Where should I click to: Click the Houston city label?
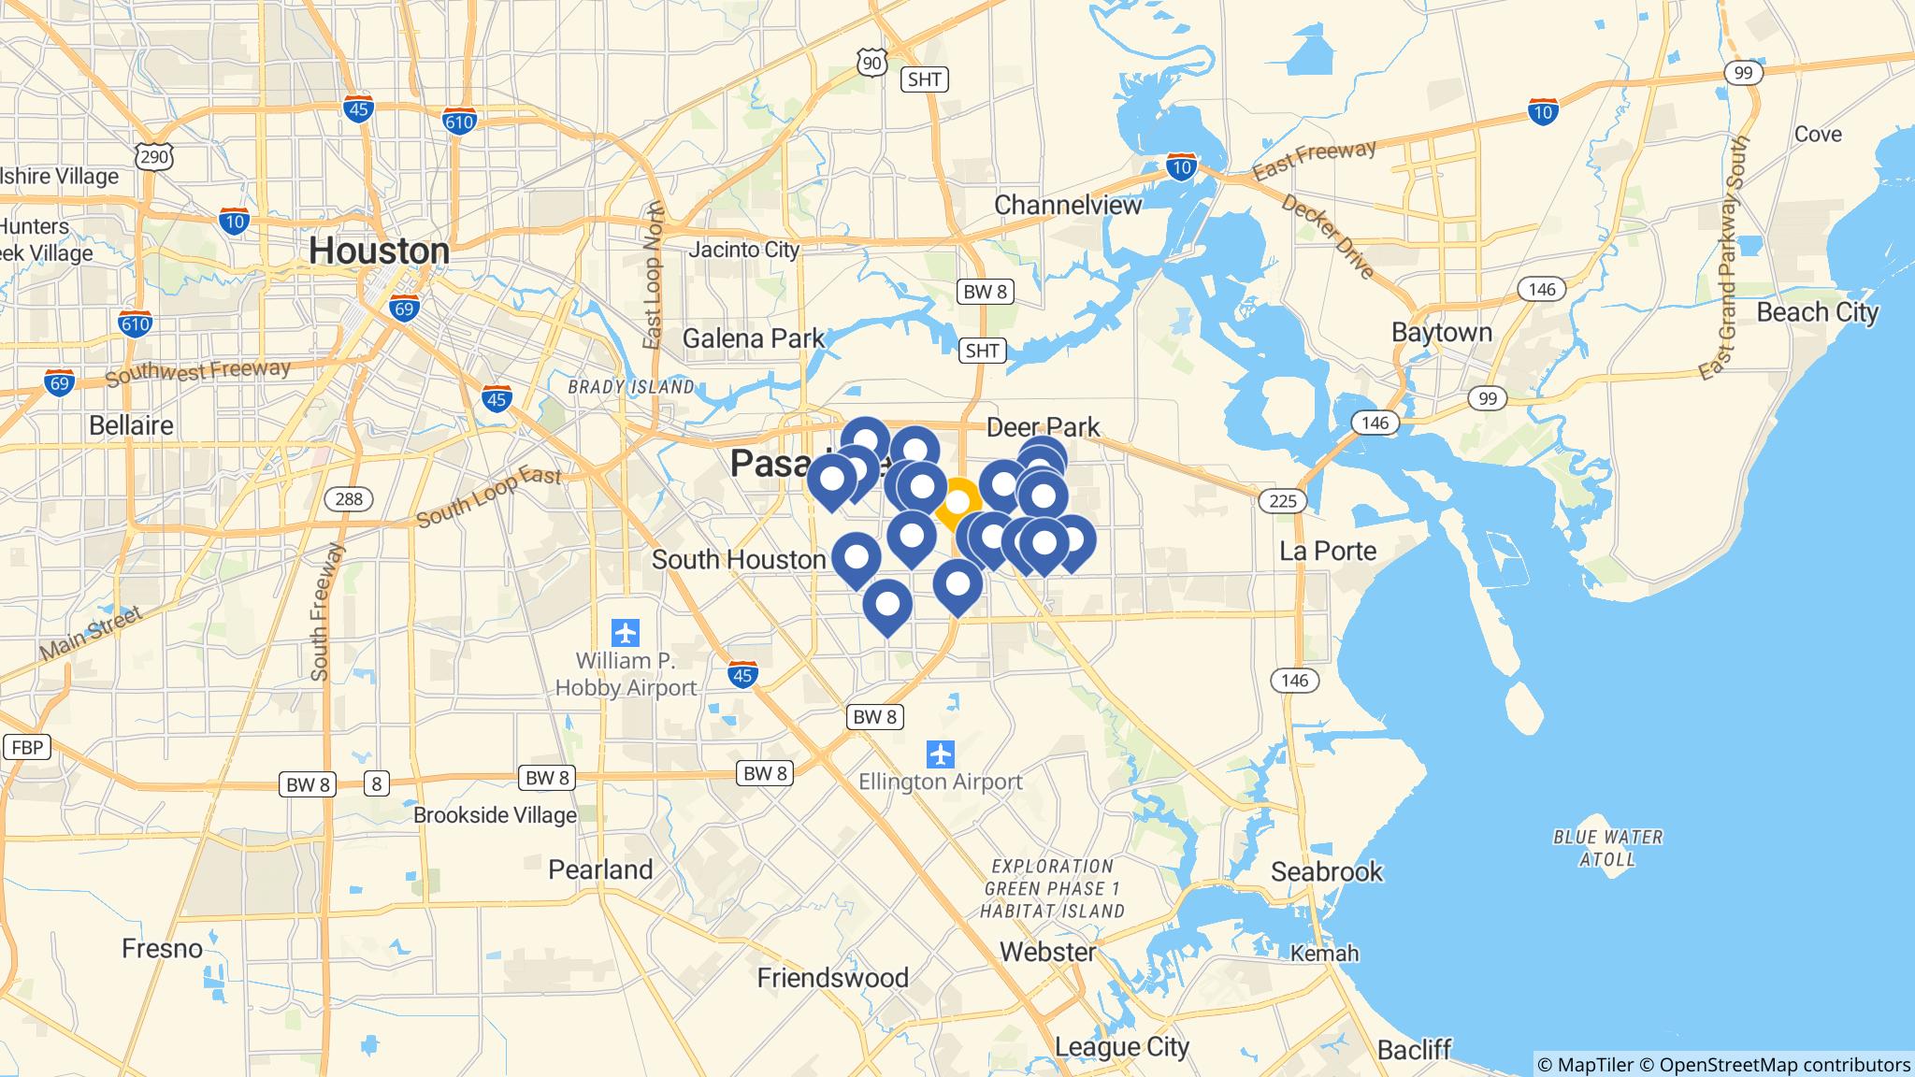click(x=379, y=251)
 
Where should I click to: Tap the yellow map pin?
click(x=957, y=503)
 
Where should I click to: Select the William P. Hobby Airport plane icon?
click(x=626, y=633)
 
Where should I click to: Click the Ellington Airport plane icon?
click(x=941, y=754)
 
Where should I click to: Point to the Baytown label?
click(x=1441, y=333)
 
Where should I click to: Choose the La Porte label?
click(x=1328, y=551)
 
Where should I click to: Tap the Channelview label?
click(x=1068, y=205)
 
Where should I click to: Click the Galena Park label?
click(x=754, y=337)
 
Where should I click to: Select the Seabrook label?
click(x=1326, y=872)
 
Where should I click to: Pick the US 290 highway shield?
click(x=154, y=156)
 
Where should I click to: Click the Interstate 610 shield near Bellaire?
click(x=136, y=324)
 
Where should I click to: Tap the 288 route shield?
click(x=349, y=499)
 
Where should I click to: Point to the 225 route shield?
click(x=1283, y=501)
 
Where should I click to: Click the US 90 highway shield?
click(x=871, y=63)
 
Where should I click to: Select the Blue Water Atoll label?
click(x=1607, y=848)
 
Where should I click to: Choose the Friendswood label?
click(x=832, y=978)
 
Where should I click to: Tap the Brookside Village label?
click(x=495, y=815)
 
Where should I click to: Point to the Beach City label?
click(x=1817, y=312)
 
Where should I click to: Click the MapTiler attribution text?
click(x=1585, y=1065)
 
